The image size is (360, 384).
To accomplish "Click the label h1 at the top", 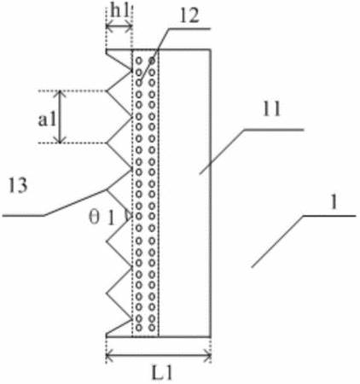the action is [119, 11].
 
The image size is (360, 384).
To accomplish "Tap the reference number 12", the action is [189, 15].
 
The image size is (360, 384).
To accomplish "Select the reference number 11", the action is [271, 108].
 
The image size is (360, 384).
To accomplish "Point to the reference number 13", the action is [18, 185].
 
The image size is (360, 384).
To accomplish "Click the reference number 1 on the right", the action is [334, 202].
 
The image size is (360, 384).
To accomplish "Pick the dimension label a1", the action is [47, 119].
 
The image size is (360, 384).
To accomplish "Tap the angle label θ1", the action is [102, 218].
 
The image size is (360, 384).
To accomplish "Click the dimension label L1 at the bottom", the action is [162, 374].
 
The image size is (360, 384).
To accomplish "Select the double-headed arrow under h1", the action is [119, 27].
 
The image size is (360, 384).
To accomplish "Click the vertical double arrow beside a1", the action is [60, 117].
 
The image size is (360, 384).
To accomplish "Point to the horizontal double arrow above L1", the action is [159, 355].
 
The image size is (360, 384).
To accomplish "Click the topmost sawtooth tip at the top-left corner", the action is [107, 50].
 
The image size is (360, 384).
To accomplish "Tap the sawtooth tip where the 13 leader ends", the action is [107, 189].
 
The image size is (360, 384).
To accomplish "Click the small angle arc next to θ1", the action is [127, 216].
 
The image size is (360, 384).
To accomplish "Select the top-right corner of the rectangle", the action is [211, 50].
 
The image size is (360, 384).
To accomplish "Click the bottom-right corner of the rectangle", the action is [211, 337].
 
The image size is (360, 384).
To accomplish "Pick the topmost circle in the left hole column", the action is [139, 61].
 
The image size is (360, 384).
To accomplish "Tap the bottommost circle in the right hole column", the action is [153, 328].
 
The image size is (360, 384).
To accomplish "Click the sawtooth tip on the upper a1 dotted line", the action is [107, 91].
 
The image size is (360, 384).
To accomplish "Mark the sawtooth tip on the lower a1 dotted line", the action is [107, 143].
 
